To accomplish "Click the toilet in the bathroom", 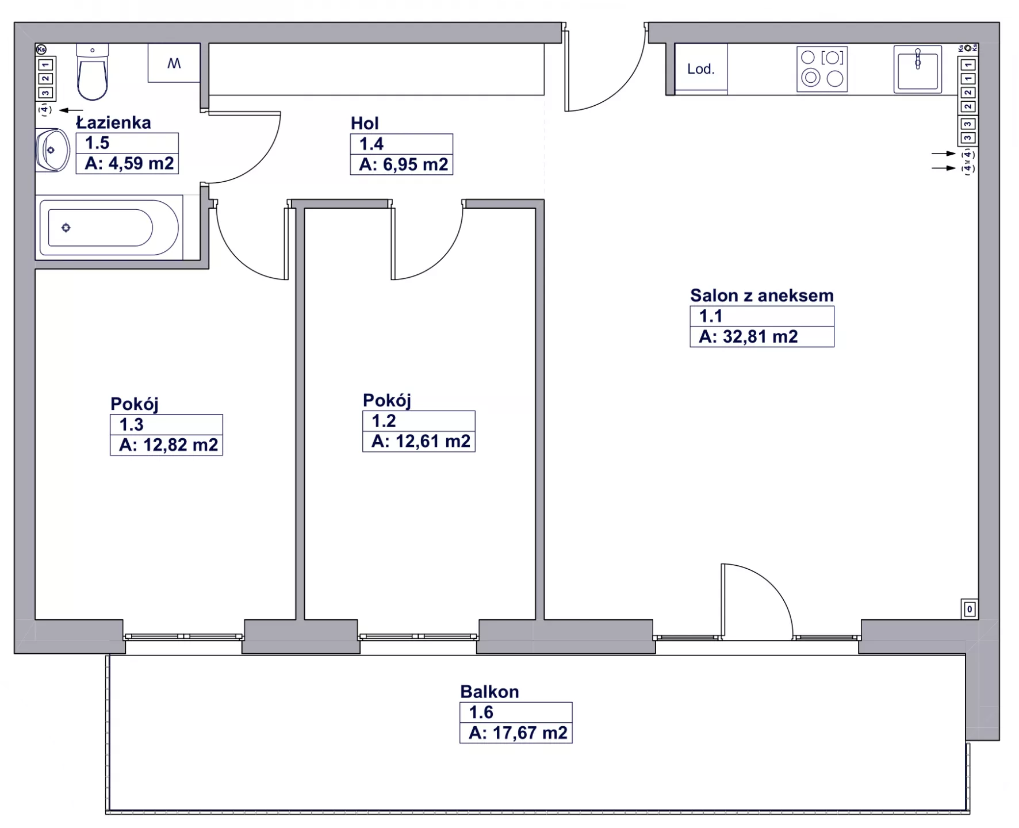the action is pyautogui.click(x=92, y=72).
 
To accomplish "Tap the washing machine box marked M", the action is pyautogui.click(x=174, y=63).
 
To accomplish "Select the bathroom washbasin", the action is pyautogui.click(x=52, y=150).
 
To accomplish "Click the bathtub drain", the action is pyautogui.click(x=66, y=228).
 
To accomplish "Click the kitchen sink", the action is pyautogui.click(x=918, y=69).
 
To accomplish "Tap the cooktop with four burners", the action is pyautogui.click(x=822, y=69).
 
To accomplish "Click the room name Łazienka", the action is pyautogui.click(x=114, y=122).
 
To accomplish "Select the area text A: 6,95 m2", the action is pyautogui.click(x=403, y=164).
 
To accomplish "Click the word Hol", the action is pyautogui.click(x=365, y=123).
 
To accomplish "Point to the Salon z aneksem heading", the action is pyautogui.click(x=762, y=295).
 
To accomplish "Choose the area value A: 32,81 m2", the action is pyautogui.click(x=748, y=336).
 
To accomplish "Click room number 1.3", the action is pyautogui.click(x=131, y=424).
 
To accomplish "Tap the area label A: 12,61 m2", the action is pyautogui.click(x=421, y=441).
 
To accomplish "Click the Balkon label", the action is pyautogui.click(x=489, y=691).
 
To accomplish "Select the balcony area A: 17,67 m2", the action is pyautogui.click(x=518, y=733).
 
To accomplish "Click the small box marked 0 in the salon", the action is pyautogui.click(x=970, y=609).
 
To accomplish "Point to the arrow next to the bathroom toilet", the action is pyautogui.click(x=71, y=110).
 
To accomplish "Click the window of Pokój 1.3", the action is pyautogui.click(x=184, y=637).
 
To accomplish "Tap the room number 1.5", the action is pyautogui.click(x=97, y=143).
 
